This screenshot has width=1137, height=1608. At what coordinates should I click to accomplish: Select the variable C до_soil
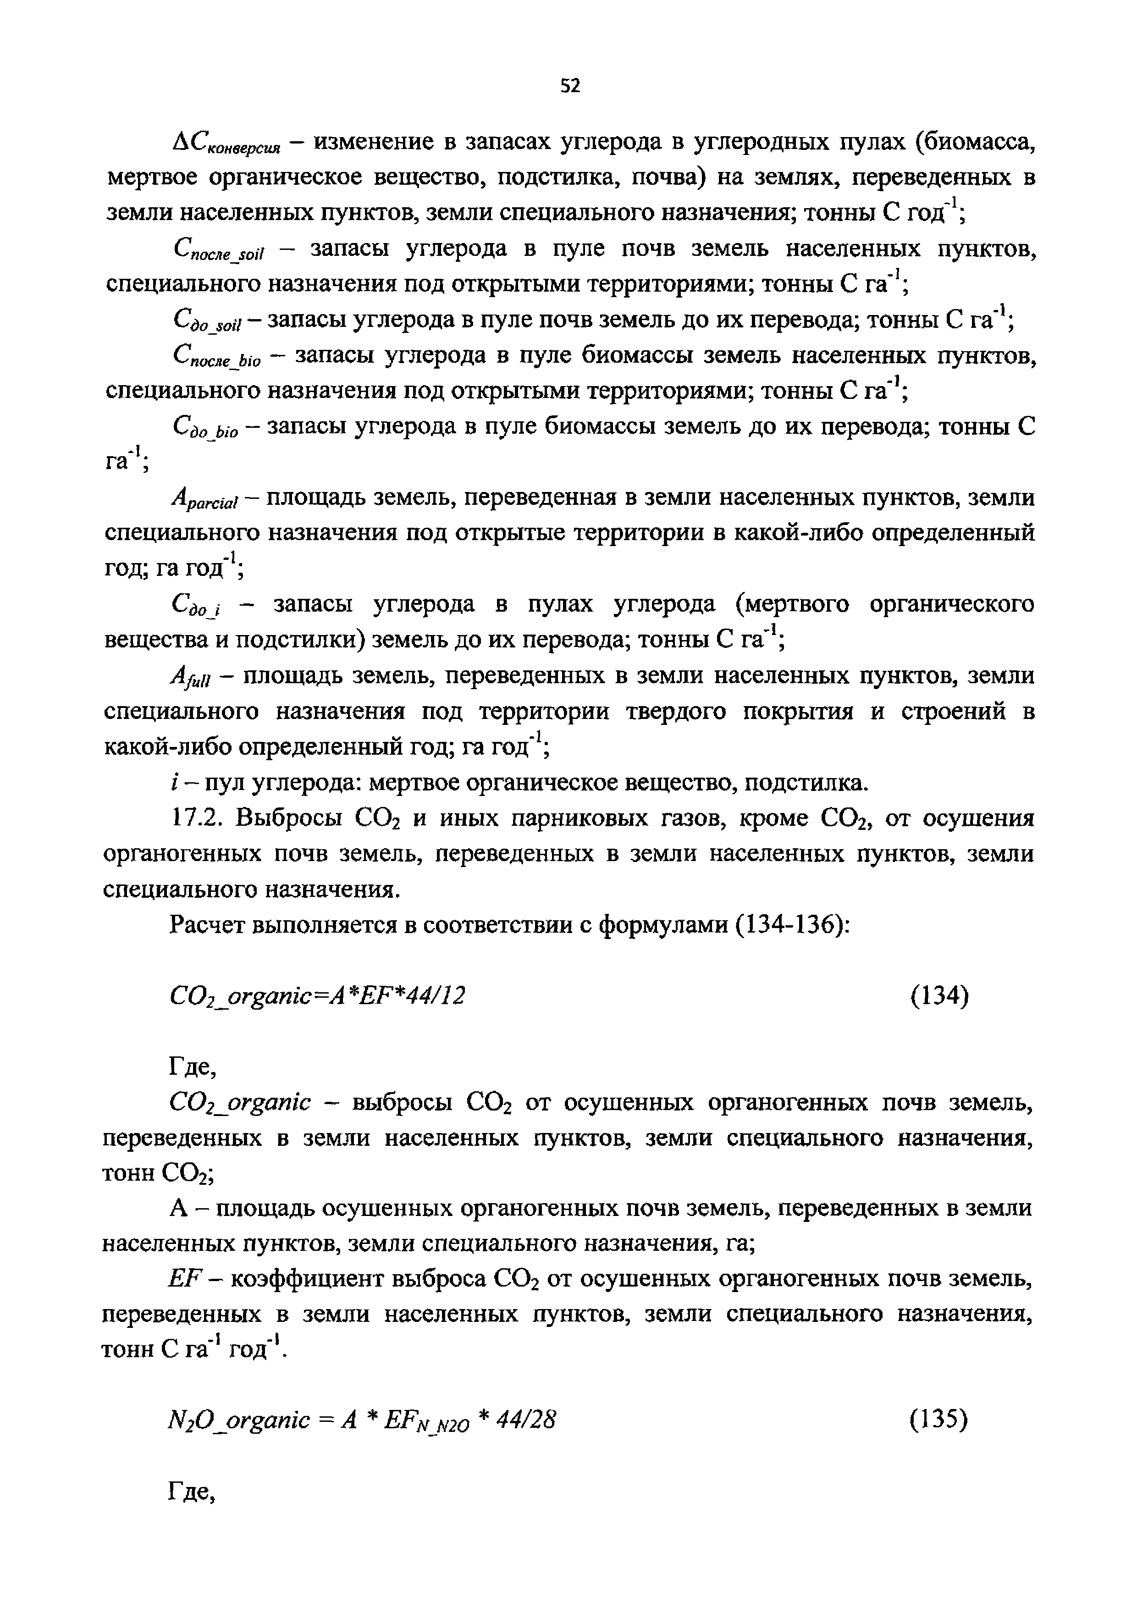point(206,323)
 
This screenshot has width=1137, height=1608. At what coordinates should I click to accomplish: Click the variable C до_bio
point(205,429)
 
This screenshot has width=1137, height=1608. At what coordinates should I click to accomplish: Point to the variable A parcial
point(205,501)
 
